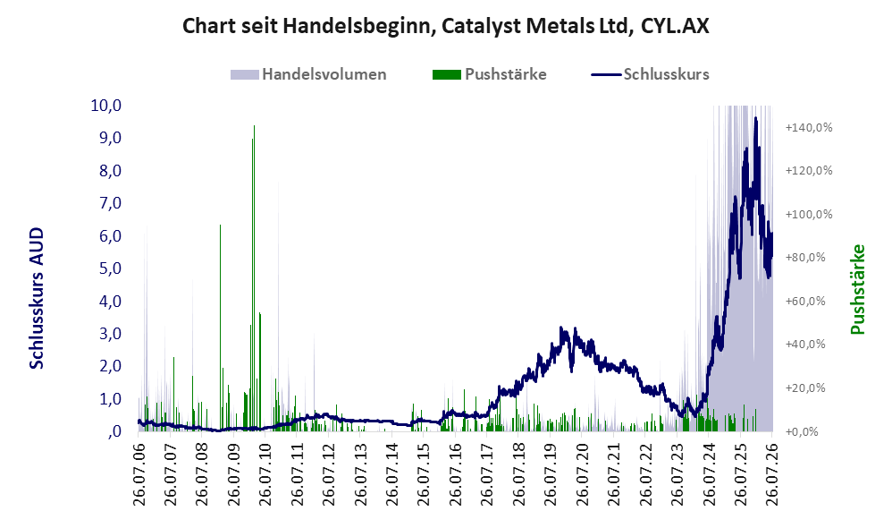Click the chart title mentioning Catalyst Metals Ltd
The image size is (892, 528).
(445, 26)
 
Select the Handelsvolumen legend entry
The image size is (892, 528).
(308, 74)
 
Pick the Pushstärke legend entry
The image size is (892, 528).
(489, 74)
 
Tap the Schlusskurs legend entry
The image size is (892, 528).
(650, 74)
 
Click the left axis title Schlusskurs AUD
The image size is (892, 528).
(37, 298)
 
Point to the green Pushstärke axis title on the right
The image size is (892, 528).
(857, 289)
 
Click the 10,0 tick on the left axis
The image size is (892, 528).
(106, 106)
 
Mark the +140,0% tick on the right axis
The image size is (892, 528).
(809, 127)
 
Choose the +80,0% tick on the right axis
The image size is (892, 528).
(805, 258)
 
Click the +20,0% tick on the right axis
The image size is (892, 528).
(805, 387)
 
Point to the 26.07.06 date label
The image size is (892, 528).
(139, 471)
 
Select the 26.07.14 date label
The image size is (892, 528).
(391, 471)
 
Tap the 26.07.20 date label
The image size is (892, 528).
(581, 471)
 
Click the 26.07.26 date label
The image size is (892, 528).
(771, 471)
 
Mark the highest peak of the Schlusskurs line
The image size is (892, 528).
(755, 118)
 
